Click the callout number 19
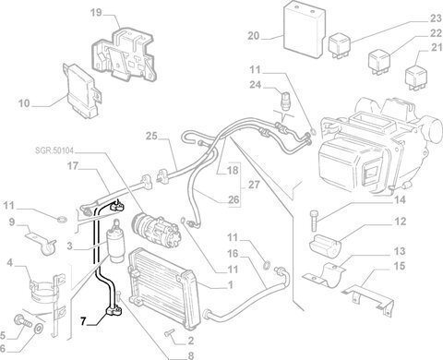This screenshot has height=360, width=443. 96,13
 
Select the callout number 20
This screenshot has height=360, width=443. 254,36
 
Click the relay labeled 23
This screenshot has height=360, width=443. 340,47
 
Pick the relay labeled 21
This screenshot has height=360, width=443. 416,78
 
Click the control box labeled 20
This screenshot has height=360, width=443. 304,30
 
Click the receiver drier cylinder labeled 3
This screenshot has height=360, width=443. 115,243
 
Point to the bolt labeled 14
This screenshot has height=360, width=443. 314,221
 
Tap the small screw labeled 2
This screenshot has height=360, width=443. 169,332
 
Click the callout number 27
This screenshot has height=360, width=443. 254,186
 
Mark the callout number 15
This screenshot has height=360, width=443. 400,266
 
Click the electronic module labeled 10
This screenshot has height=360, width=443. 82,90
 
